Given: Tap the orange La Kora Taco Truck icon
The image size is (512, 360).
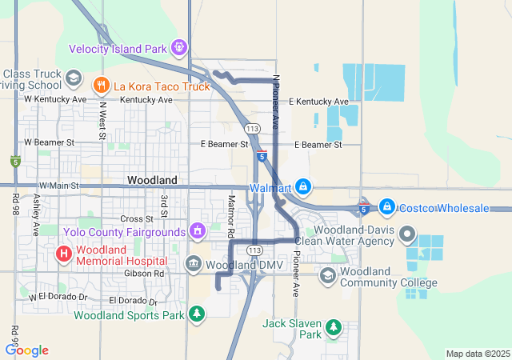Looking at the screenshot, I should [x=101, y=84].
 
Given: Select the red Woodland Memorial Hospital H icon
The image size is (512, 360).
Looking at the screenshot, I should [x=63, y=254].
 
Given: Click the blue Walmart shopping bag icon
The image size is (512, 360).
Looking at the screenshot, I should [x=303, y=188].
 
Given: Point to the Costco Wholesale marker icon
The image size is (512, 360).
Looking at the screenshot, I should [x=386, y=207].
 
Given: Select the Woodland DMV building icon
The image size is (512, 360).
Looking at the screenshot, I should [x=193, y=264].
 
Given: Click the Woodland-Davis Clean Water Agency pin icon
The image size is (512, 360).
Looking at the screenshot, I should [x=407, y=235].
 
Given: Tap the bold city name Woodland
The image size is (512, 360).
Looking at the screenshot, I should [x=152, y=180].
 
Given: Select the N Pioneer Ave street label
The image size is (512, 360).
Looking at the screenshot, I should [x=276, y=102].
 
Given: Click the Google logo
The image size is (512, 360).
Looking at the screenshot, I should [x=26, y=350].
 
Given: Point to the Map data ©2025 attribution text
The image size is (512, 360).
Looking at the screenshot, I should [x=477, y=354].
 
